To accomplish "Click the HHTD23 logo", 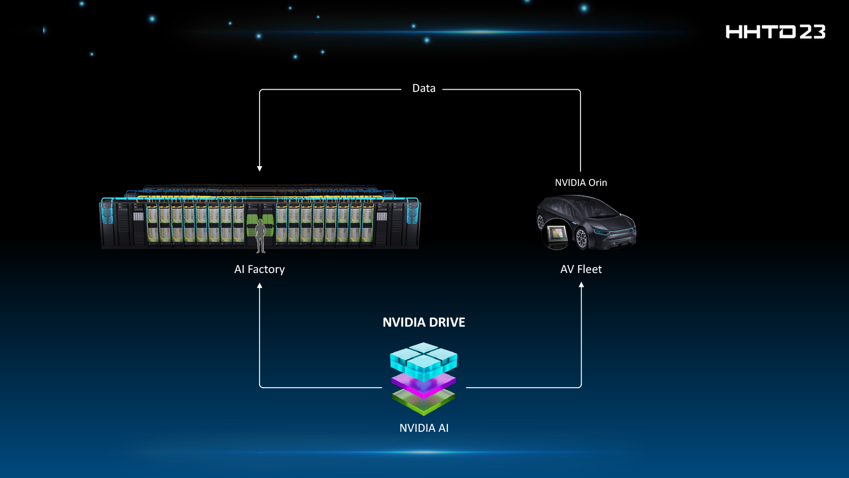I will pos(775,32).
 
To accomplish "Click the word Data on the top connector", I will pos(423,88).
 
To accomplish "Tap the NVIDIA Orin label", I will pos(581,183).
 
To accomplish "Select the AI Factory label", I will pos(259,269).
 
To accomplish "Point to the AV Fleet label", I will pos(581,269).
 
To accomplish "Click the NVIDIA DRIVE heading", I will pos(423,322).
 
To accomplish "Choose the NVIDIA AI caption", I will pos(423,428).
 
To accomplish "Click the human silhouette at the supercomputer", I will pos(261,236).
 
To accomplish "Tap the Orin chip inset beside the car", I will pos(557,234).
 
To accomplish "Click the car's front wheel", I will pos(582,238).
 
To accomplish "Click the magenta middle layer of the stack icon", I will pos(423,383).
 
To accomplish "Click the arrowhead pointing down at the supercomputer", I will pos(259,168).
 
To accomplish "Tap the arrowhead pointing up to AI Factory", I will pos(259,286).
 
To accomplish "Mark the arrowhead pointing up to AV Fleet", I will pos(581,285).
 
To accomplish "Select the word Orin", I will pos(597,183).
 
